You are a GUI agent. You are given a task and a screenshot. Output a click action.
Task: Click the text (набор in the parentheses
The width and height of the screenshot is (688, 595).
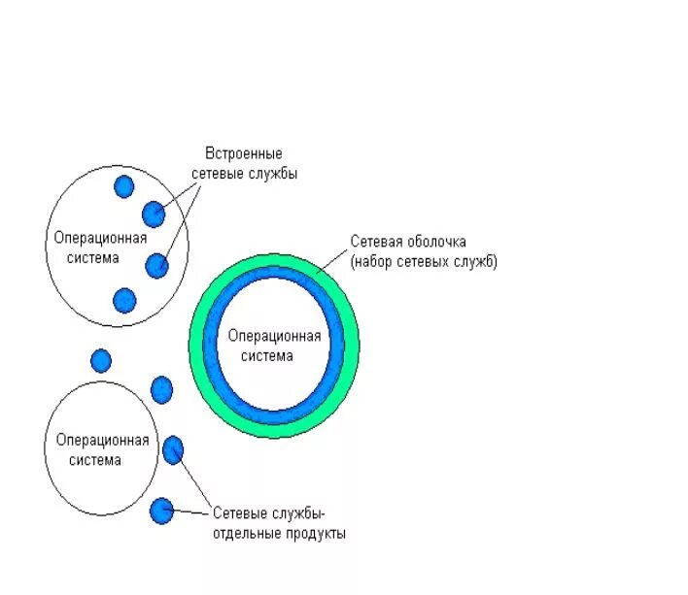point(375,262)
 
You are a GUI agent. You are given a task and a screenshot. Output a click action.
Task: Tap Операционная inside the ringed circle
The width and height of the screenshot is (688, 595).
point(274,335)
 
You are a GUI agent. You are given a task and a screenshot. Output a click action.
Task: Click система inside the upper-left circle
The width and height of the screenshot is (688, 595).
point(95,257)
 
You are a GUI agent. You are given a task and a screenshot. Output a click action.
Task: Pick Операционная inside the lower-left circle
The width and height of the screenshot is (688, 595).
point(102,440)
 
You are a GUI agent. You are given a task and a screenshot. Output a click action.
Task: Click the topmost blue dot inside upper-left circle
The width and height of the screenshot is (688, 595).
point(123,186)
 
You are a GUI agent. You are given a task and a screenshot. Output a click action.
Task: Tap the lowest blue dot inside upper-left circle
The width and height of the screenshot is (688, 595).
point(123,300)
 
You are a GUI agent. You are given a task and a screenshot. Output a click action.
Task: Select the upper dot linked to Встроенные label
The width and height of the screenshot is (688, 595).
point(154,214)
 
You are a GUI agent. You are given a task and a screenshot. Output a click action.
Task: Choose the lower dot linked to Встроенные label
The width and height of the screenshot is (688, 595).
point(156,265)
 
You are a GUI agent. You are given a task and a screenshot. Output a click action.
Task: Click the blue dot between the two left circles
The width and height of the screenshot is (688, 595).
point(101,360)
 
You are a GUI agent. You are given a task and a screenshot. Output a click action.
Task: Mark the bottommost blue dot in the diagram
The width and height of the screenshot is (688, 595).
point(161,510)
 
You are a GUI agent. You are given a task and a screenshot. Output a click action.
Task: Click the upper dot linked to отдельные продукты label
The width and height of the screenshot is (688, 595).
point(173,449)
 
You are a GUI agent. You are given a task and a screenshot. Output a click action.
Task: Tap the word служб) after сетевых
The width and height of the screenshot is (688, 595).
point(475,262)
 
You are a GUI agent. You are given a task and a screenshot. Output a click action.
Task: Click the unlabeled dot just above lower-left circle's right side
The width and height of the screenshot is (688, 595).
point(161,389)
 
